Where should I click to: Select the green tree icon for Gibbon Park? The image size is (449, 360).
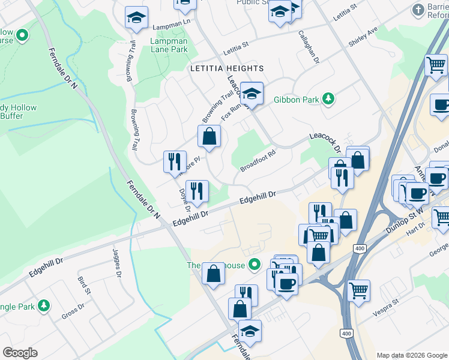point(328,98)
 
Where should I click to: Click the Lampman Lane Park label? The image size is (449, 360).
point(169,46)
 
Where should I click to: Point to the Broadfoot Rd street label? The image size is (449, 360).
point(258,160)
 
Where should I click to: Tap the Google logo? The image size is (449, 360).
point(20,353)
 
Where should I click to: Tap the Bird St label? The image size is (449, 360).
point(83,287)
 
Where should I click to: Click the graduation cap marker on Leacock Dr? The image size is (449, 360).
point(252,93)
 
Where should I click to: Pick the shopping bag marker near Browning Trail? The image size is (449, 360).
point(209,136)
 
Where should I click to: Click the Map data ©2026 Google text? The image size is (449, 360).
point(411,355)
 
